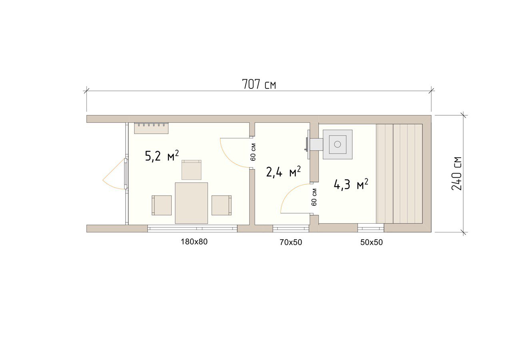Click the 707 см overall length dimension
coord(259,84)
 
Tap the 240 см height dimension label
coord(457,174)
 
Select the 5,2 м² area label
coord(162,156)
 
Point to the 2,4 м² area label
coord(284,172)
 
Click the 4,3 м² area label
coord(351,184)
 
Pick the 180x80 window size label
coord(194,242)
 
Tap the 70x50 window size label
coord(291,242)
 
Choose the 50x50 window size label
coord(372,242)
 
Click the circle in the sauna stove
coord(337,144)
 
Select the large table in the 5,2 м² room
coord(191,203)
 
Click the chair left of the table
coord(162,205)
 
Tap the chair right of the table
coord(222,205)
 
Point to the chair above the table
coord(192,170)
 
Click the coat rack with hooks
coord(151,128)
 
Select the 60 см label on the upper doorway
coord(253,152)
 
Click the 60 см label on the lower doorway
coord(314,197)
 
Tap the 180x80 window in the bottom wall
coord(192,228)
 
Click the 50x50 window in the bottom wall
coord(371,228)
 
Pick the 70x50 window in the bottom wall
coord(291,228)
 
